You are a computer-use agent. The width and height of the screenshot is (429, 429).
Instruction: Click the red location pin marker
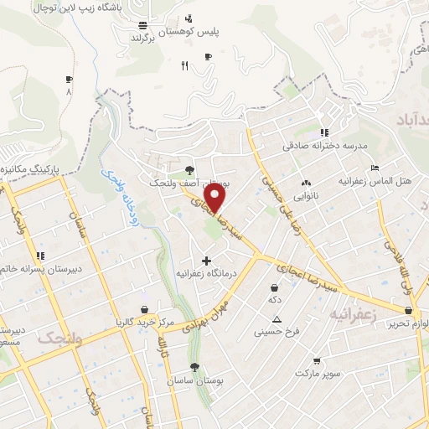pyautogui.click(x=216, y=198)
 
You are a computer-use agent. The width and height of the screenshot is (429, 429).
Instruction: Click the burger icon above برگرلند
pyautogui.click(x=143, y=24)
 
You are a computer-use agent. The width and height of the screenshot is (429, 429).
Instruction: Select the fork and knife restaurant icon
pyautogui.click(x=184, y=67)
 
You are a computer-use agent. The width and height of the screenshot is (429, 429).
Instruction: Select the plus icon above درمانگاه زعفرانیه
pyautogui.click(x=207, y=261)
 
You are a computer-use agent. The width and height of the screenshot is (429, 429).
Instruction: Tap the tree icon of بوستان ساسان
pyautogui.click(x=194, y=367)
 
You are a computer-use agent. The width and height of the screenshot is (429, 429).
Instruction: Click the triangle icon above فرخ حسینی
pyautogui.click(x=277, y=318)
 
